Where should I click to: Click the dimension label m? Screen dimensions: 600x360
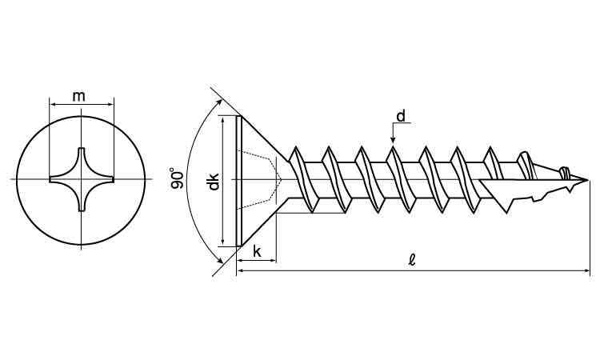[x=78, y=97]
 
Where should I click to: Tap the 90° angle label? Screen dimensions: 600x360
[x=177, y=178]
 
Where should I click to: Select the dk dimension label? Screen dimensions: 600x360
[x=213, y=182]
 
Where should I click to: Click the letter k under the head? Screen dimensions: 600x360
[x=257, y=252]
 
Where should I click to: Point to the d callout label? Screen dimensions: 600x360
[x=401, y=116]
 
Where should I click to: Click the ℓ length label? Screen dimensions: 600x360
[x=412, y=261]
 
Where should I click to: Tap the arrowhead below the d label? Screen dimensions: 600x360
[x=393, y=141]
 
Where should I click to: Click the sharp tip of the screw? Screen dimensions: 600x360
[x=587, y=180]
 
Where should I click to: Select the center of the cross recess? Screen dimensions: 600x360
[x=81, y=179]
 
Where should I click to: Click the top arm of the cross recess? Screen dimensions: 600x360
[x=81, y=152]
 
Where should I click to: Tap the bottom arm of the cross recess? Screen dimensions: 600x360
[x=81, y=206]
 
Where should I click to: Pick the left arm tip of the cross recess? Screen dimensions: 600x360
[x=51, y=179]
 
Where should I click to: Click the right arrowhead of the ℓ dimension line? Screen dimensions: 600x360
[x=586, y=271]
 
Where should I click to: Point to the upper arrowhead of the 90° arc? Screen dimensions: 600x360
[x=219, y=102]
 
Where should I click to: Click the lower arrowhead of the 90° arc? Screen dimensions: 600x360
[x=220, y=261]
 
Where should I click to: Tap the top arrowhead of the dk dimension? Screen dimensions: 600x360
[x=222, y=120]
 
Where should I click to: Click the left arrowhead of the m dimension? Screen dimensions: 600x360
[x=54, y=104]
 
